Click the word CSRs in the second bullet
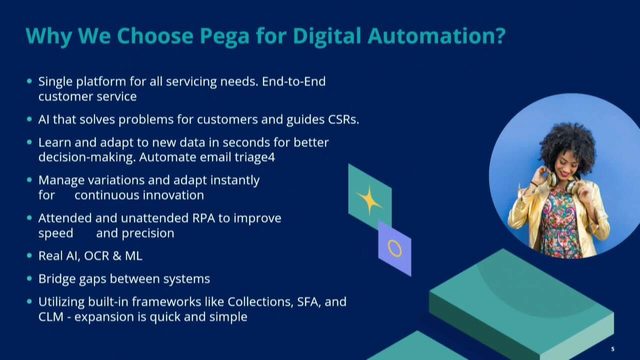338,120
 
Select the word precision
149,233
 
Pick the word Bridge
58,279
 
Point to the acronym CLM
54,317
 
